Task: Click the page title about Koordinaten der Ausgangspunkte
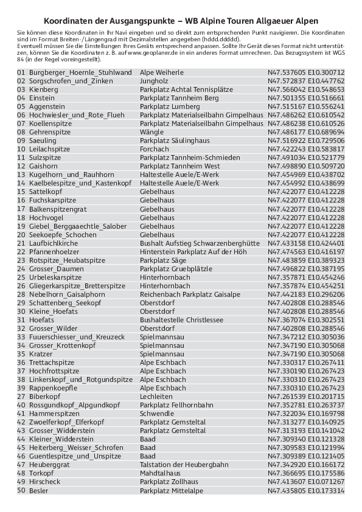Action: pyautogui.click(x=181, y=20)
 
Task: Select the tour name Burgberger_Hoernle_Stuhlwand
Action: pyautogui.click(x=80, y=72)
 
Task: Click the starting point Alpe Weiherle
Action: pyautogui.click(x=161, y=72)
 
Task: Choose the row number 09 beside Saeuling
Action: pyautogui.click(x=21, y=140)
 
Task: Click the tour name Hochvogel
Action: pyautogui.click(x=46, y=217)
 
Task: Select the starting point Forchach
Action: pyautogui.click(x=155, y=149)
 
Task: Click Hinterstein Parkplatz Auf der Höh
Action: pyautogui.click(x=193, y=251)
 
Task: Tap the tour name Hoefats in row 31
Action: pyautogui.click(x=41, y=319)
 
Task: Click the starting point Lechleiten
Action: pyautogui.click(x=157, y=396)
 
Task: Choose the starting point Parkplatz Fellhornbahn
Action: pyautogui.click(x=176, y=404)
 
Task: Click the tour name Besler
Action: pyautogui.click(x=39, y=490)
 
